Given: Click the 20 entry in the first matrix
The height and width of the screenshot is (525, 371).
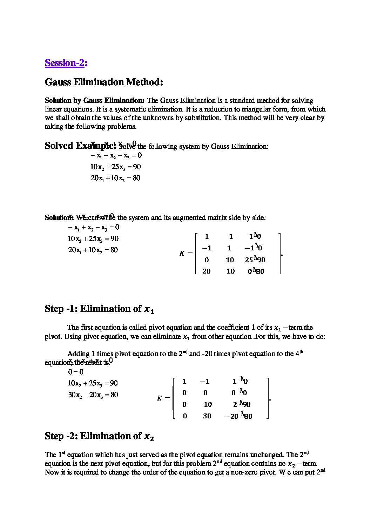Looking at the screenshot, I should pyautogui.click(x=207, y=271).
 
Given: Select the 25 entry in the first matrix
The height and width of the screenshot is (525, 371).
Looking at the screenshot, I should pyautogui.click(x=249, y=260).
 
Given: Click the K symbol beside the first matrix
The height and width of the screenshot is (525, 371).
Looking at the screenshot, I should pyautogui.click(x=182, y=254).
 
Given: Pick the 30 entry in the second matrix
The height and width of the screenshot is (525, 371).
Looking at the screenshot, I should pyautogui.click(x=207, y=416).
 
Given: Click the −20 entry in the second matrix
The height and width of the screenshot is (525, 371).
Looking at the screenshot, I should pyautogui.click(x=231, y=417).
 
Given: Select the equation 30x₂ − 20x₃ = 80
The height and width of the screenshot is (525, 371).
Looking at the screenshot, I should pyautogui.click(x=93, y=395).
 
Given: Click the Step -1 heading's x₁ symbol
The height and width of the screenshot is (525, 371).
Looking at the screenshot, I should pyautogui.click(x=149, y=309).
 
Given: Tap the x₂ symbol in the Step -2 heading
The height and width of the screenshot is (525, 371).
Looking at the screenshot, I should pyautogui.click(x=149, y=437).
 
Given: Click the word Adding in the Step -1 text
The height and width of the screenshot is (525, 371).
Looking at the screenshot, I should pyautogui.click(x=79, y=354).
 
